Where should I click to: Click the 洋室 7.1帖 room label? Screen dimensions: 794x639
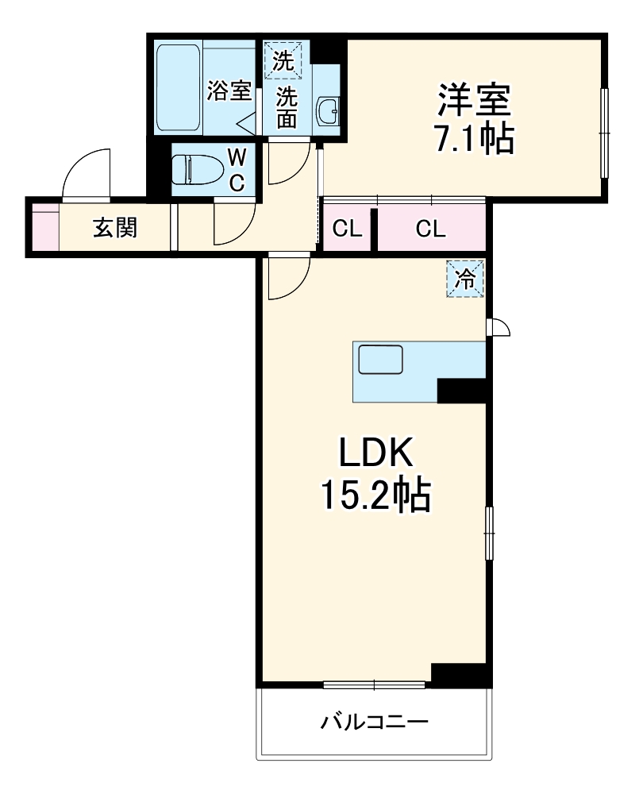click(474, 119)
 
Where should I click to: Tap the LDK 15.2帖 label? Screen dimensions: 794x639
click(375, 474)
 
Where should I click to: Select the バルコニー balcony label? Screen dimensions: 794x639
click(375, 723)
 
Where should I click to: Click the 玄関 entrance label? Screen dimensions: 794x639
click(116, 229)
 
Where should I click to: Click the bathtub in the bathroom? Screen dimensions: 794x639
click(179, 88)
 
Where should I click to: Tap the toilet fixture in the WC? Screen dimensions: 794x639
click(197, 169)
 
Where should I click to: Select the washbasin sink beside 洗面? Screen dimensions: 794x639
click(328, 112)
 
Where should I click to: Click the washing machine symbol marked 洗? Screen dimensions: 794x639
click(283, 60)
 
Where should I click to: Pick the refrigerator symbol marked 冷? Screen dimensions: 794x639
click(465, 279)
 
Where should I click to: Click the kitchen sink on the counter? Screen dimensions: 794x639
click(381, 360)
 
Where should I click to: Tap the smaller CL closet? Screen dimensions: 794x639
click(347, 229)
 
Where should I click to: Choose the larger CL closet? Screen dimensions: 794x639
click(430, 229)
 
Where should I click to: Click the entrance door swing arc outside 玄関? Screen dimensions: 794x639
click(86, 173)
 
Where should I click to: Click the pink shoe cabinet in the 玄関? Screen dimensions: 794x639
click(45, 229)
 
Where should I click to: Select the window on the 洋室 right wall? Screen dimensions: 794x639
click(604, 133)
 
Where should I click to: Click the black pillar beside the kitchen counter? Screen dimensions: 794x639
click(461, 390)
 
